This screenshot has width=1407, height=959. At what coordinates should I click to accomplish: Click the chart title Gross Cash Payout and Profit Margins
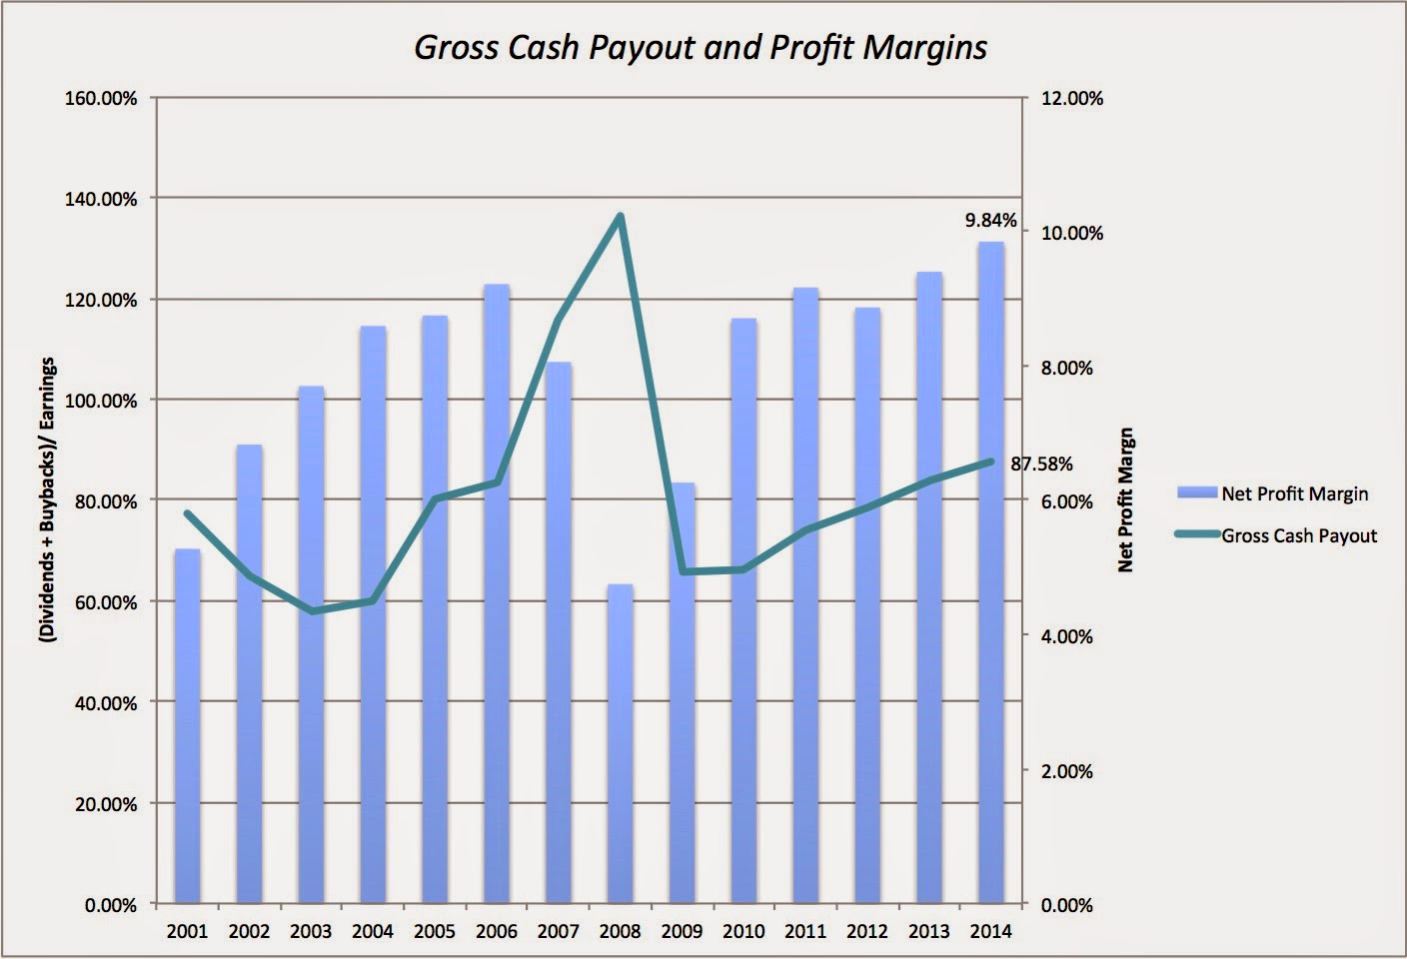coord(701,47)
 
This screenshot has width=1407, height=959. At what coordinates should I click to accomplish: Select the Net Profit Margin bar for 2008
coord(620,743)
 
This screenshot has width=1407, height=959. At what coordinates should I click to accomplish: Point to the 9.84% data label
coord(991,220)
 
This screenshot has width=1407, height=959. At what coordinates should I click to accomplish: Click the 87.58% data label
coord(1041,464)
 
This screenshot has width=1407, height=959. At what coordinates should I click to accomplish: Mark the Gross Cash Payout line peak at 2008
coord(620,216)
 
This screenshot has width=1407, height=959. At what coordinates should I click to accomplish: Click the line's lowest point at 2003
coord(311,611)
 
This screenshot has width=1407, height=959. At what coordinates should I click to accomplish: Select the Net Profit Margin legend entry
coord(1294,493)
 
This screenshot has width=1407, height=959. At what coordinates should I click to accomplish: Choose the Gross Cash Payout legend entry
coord(1298,535)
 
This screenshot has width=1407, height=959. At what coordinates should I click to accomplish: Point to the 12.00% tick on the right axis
coord(1072,99)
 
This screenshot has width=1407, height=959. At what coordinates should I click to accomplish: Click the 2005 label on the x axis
coord(434,931)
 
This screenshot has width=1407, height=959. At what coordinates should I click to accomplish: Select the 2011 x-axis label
coord(805,931)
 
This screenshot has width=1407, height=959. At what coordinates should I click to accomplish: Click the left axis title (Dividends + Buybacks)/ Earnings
coord(47,499)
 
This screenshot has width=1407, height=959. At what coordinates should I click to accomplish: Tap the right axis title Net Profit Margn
coord(1126,499)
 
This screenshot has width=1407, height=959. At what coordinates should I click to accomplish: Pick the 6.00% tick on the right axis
coord(1067,501)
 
